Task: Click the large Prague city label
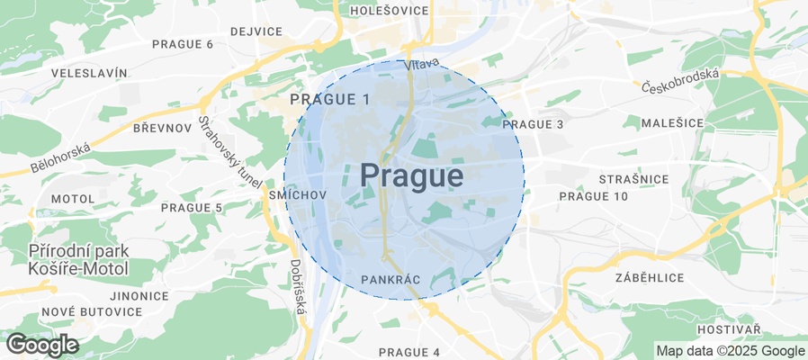(412, 175)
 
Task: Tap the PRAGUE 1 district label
(330, 99)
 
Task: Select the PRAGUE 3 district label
(533, 124)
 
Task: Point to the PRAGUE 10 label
(594, 196)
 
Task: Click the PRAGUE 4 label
(409, 352)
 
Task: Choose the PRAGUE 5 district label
(192, 208)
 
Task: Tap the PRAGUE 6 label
(183, 44)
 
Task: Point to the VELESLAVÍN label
(84, 73)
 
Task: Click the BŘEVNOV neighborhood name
(162, 129)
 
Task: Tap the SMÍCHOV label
(296, 194)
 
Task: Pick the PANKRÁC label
(391, 281)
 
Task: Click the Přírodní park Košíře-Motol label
(78, 259)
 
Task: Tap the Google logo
(41, 345)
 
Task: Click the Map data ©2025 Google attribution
(730, 351)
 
